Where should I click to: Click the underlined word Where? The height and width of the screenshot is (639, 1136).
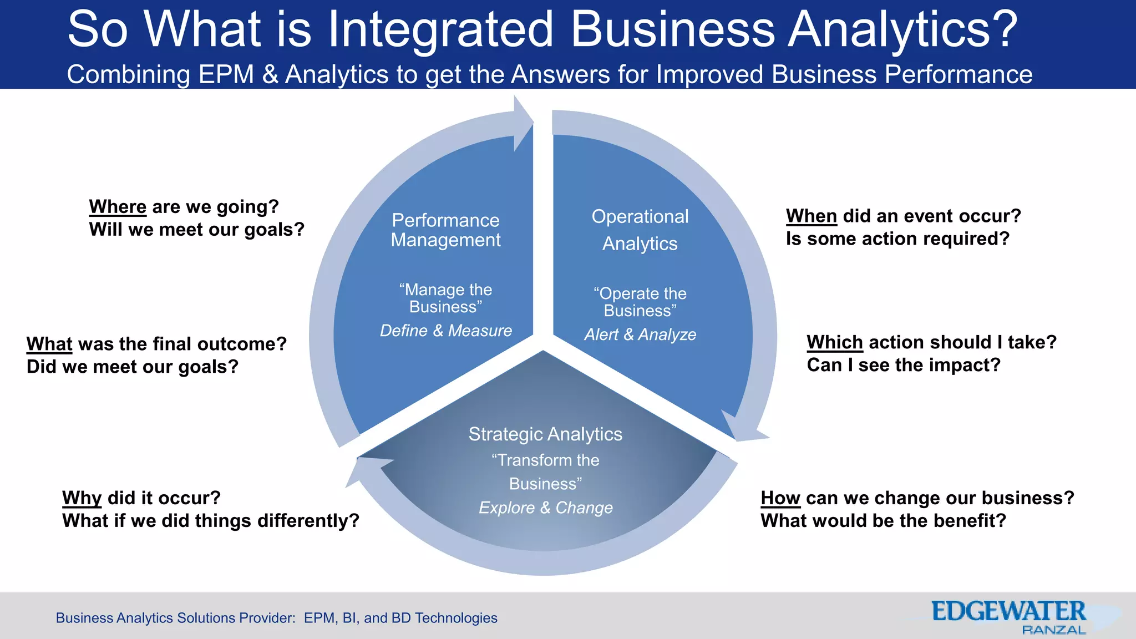pyautogui.click(x=118, y=207)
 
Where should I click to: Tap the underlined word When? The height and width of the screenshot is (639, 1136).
pyautogui.click(x=811, y=216)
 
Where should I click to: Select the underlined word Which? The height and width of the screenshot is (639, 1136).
pyautogui.click(x=834, y=342)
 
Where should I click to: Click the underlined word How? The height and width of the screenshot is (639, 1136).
pyautogui.click(x=780, y=498)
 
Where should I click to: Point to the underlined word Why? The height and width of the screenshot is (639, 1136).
pyautogui.click(x=82, y=498)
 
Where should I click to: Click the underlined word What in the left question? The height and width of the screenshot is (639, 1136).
pyautogui.click(x=49, y=344)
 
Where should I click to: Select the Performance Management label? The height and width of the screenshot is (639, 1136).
pyautogui.click(x=445, y=230)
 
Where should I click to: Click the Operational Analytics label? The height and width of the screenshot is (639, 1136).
pyautogui.click(x=640, y=230)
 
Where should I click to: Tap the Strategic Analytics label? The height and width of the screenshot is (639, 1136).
pyautogui.click(x=545, y=434)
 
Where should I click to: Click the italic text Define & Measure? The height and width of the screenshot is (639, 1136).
pyautogui.click(x=445, y=331)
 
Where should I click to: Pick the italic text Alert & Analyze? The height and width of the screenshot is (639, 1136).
pyautogui.click(x=640, y=334)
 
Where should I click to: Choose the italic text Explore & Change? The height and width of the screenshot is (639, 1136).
pyautogui.click(x=546, y=508)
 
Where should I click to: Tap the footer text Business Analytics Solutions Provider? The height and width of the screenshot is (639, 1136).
pyautogui.click(x=175, y=618)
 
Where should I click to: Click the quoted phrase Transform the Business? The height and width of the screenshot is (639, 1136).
pyautogui.click(x=545, y=472)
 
